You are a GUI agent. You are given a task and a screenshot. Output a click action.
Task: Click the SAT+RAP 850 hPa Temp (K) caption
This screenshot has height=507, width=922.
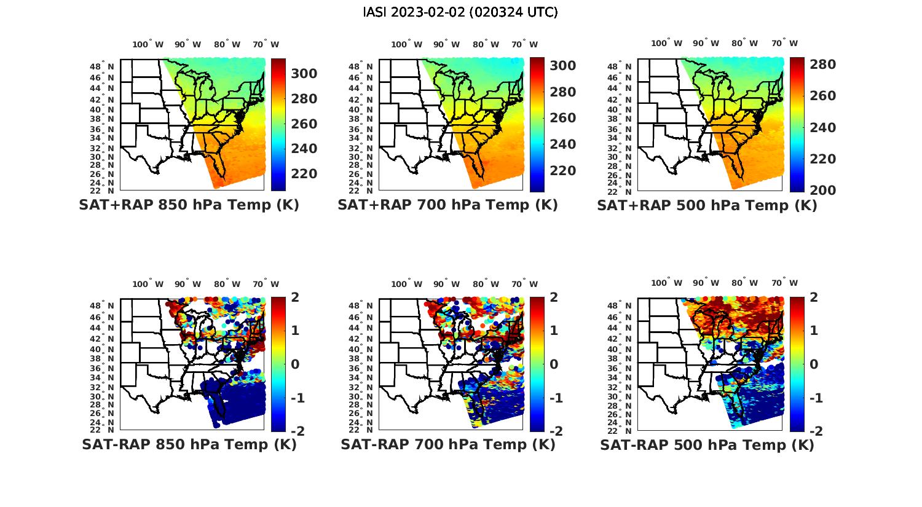pyautogui.click(x=189, y=205)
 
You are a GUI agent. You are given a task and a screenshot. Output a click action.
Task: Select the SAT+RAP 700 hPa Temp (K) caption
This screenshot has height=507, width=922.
pyautogui.click(x=447, y=205)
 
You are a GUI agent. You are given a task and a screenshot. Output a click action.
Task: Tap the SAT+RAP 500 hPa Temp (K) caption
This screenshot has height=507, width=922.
pyautogui.click(x=707, y=205)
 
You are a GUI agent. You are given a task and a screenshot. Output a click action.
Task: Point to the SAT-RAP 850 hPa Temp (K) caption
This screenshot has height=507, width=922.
pyautogui.click(x=189, y=444)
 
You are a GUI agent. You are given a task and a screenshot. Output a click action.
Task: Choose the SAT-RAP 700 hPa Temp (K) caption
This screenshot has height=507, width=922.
pyautogui.click(x=448, y=444)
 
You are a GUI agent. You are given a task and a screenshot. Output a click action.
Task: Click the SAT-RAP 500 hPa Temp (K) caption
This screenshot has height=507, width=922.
pyautogui.click(x=707, y=445)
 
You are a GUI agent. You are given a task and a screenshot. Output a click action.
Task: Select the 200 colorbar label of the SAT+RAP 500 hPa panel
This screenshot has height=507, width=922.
pyautogui.click(x=822, y=191)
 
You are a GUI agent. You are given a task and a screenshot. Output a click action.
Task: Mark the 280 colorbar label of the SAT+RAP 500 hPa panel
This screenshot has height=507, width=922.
pyautogui.click(x=822, y=65)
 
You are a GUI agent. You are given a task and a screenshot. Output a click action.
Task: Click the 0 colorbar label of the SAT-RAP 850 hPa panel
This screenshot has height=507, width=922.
pyautogui.click(x=295, y=364)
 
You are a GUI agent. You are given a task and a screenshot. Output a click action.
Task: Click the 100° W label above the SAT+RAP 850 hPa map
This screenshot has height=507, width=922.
pyautogui.click(x=148, y=44)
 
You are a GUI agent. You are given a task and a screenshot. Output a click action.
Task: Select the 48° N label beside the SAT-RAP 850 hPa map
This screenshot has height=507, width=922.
pyautogui.click(x=103, y=305)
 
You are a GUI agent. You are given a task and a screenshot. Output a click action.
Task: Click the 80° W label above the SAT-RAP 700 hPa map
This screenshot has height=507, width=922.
pyautogui.click(x=485, y=284)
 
